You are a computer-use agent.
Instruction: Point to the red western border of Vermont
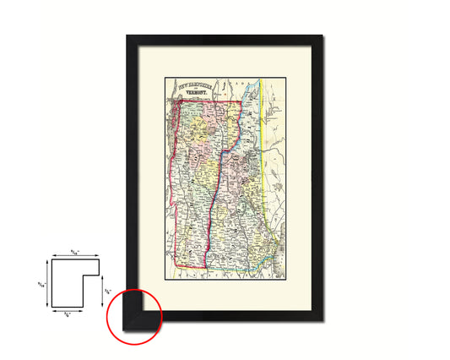pyautogui.click(x=172, y=203)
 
